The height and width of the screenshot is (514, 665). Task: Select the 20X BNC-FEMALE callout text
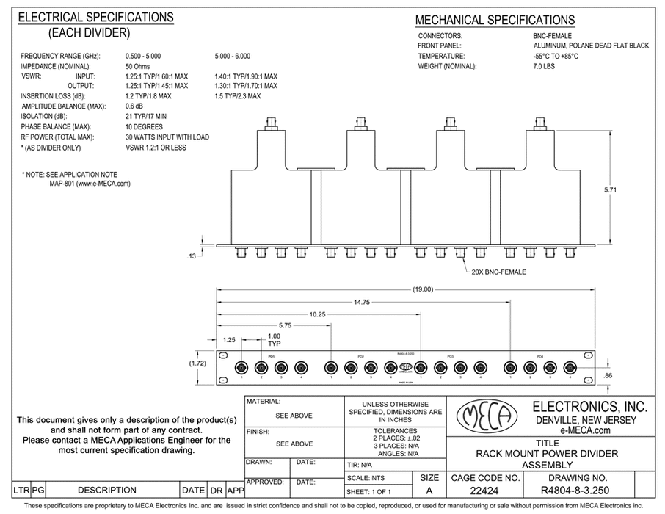(x=499, y=272)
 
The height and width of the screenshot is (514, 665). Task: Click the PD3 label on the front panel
(x=450, y=357)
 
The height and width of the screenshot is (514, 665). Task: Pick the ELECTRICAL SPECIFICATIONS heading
(x=95, y=17)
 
